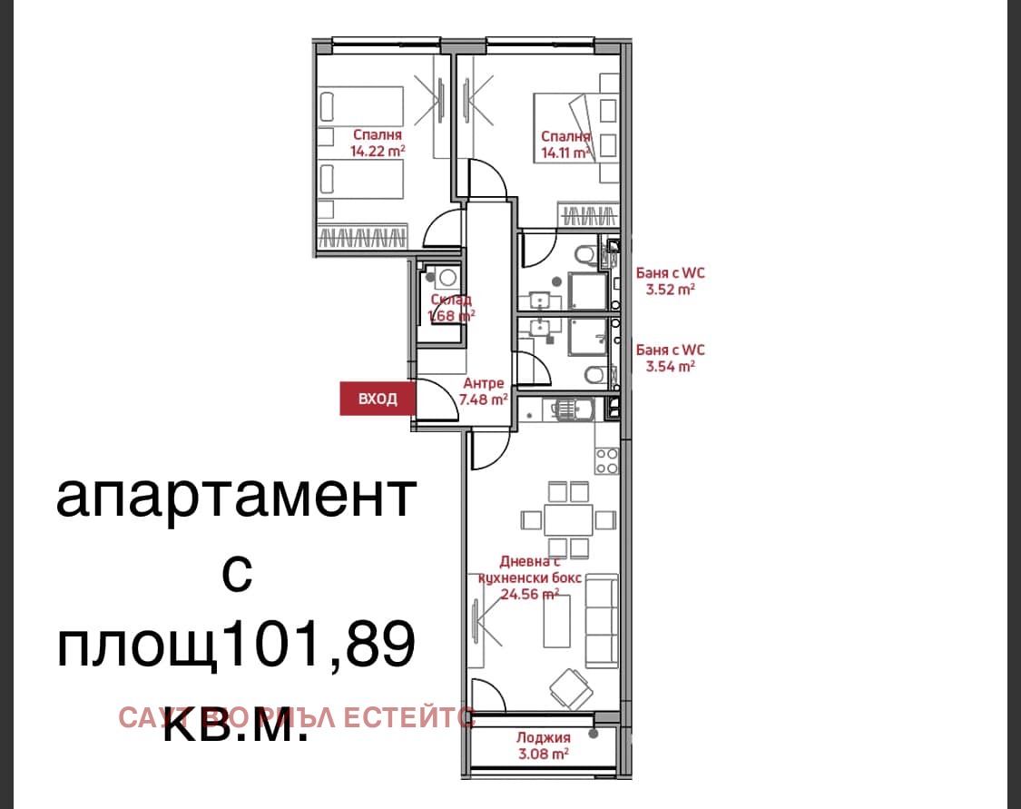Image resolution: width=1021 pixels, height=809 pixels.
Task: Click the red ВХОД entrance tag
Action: (378, 399)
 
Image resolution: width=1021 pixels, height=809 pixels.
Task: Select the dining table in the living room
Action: (568, 520)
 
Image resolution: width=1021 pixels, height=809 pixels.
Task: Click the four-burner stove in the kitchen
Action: (606, 459)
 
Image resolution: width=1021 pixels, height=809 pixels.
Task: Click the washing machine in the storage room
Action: (446, 280)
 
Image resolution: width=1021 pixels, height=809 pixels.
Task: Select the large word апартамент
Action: (236, 498)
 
